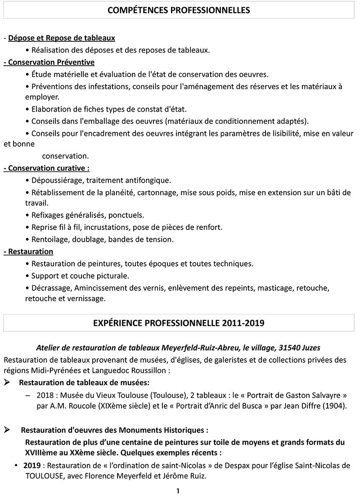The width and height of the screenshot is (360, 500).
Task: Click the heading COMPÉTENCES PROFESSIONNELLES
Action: pyautogui.click(x=179, y=10)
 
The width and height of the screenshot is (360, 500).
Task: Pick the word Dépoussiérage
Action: pyautogui.click(x=57, y=180)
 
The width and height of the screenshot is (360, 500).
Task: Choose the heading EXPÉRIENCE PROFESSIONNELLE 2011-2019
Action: pyautogui.click(x=179, y=323)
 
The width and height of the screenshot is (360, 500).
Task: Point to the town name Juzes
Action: pyautogui.click(x=311, y=348)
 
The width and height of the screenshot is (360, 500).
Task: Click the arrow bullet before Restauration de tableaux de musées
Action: pyautogui.click(x=7, y=383)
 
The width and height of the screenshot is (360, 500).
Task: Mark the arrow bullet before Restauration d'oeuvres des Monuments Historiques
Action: pyautogui.click(x=7, y=430)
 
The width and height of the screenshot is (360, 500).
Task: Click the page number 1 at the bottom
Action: pyautogui.click(x=178, y=491)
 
